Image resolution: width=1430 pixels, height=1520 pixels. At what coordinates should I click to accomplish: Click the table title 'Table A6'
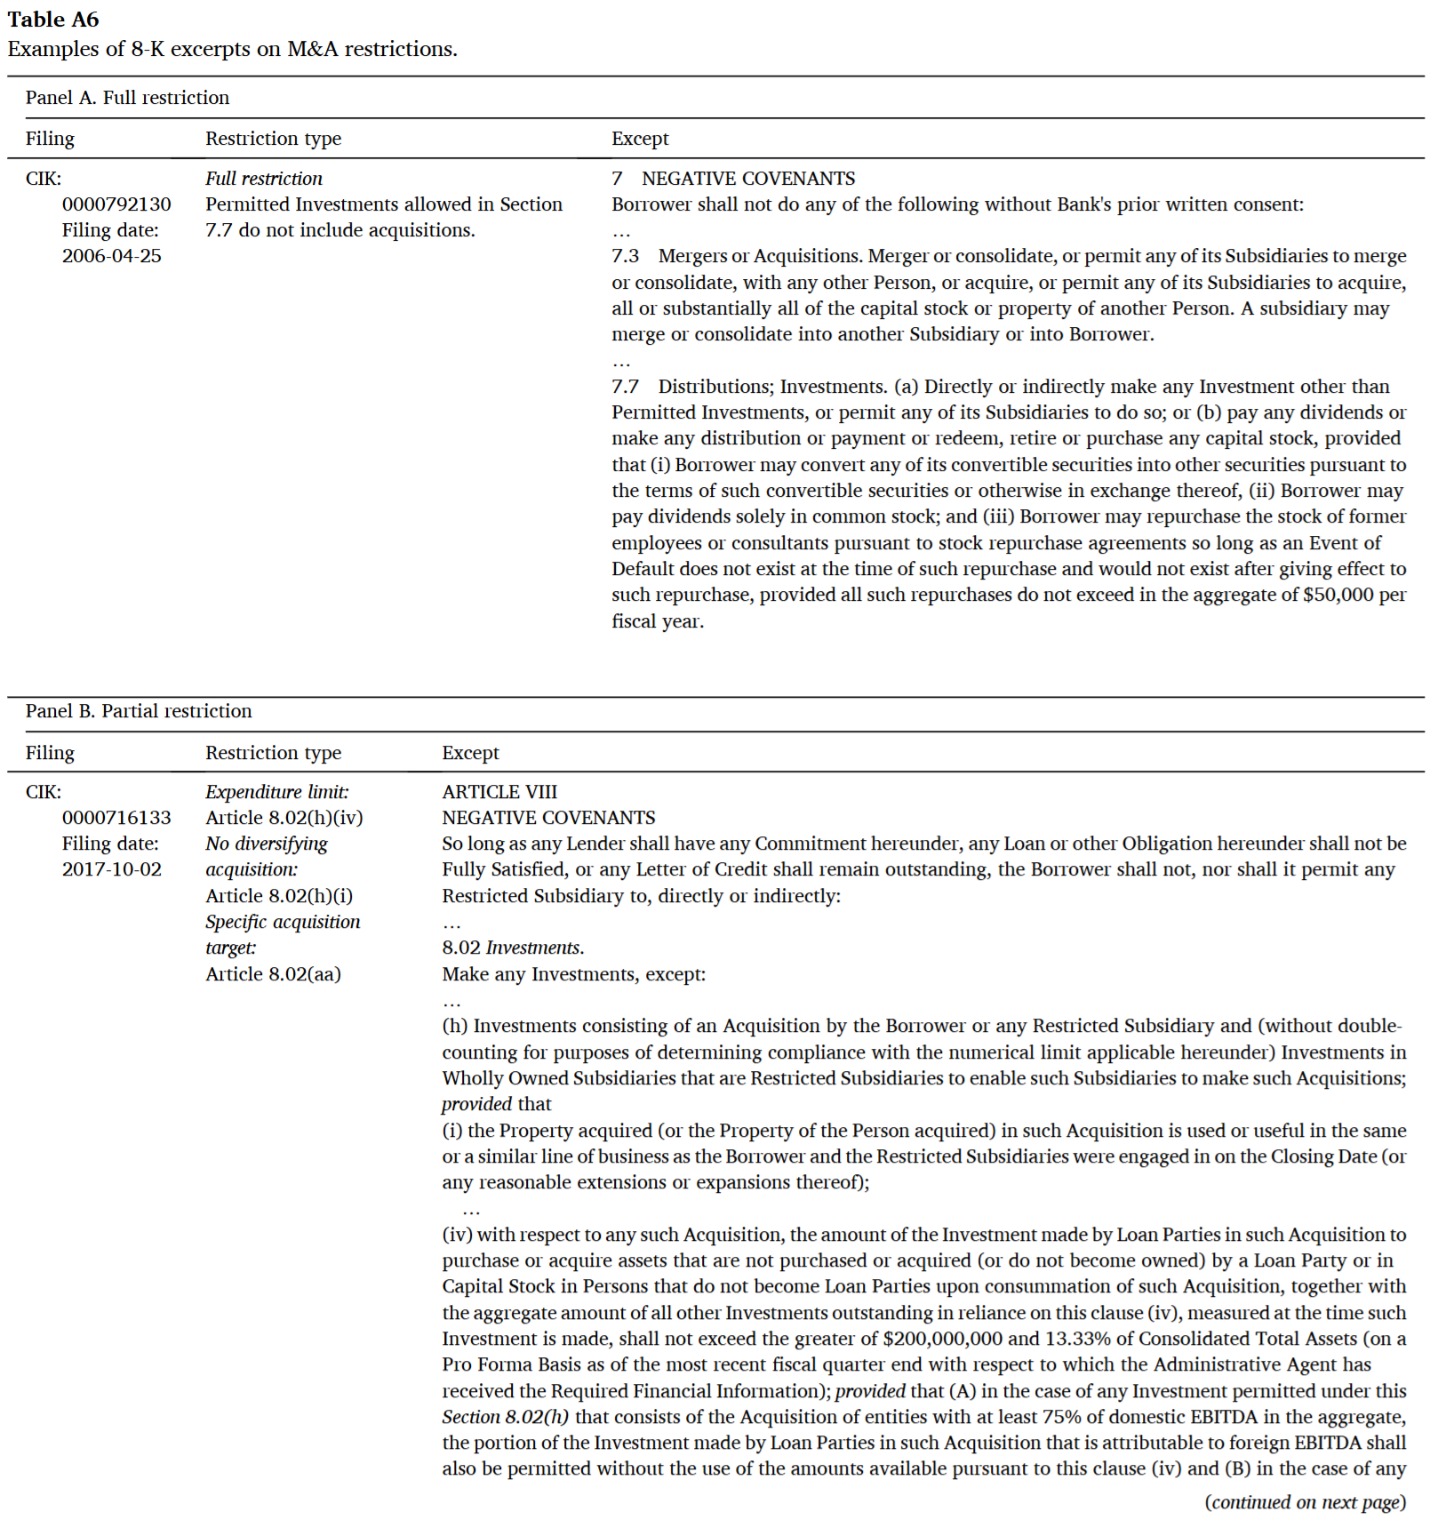point(53,20)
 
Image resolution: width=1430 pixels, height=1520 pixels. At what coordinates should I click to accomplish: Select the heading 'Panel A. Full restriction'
point(127,98)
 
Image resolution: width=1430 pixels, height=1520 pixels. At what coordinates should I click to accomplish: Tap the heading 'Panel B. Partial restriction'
point(139,711)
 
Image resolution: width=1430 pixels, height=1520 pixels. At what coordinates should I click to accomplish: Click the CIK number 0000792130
point(116,204)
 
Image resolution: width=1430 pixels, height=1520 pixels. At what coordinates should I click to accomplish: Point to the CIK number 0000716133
point(116,818)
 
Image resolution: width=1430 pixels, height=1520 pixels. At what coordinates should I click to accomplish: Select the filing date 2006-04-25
point(112,256)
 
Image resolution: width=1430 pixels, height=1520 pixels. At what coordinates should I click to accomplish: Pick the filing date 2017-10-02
point(112,869)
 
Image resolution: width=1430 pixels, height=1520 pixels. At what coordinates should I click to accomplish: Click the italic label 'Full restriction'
point(264,179)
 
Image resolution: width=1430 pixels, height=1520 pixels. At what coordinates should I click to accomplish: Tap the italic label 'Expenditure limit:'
point(277,792)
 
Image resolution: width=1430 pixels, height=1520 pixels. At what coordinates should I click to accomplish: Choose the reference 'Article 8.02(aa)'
point(273,974)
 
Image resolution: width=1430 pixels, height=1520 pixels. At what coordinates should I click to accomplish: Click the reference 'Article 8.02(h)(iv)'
point(284,818)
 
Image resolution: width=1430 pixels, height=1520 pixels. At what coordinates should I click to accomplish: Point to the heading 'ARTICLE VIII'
point(499,792)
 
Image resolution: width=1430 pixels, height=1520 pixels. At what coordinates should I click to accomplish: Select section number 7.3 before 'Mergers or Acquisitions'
point(625,256)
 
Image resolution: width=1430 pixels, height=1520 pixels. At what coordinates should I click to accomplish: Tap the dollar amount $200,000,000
point(942,1339)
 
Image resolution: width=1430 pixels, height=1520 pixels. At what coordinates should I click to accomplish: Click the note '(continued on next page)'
point(1305,1502)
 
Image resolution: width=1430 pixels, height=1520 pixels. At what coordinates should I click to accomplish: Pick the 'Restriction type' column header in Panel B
point(273,753)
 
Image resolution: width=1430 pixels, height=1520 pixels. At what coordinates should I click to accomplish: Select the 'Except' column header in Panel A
point(640,139)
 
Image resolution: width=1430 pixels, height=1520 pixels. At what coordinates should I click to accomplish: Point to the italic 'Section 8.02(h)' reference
point(505,1417)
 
